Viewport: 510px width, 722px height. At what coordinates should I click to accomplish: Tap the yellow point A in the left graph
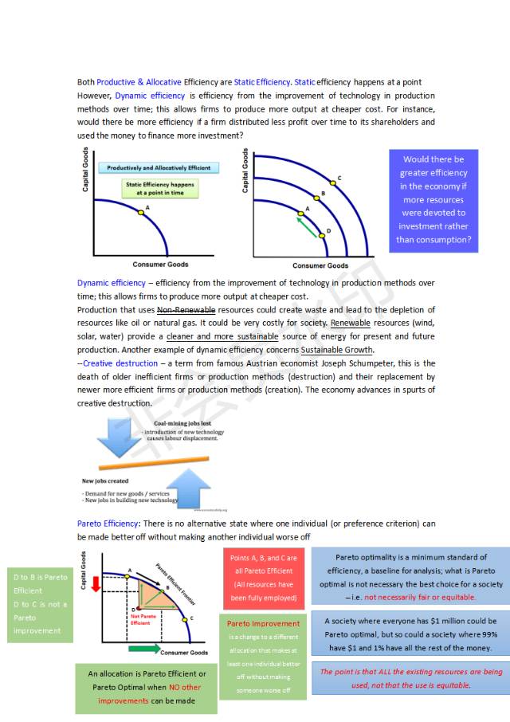140,212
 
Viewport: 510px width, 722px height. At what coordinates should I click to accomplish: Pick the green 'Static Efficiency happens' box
159,188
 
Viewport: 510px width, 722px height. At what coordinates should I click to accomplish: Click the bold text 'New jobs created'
105,481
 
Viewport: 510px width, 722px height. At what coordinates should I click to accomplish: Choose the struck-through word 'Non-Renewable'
180,310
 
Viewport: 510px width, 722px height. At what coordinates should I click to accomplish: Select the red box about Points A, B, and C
263,578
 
